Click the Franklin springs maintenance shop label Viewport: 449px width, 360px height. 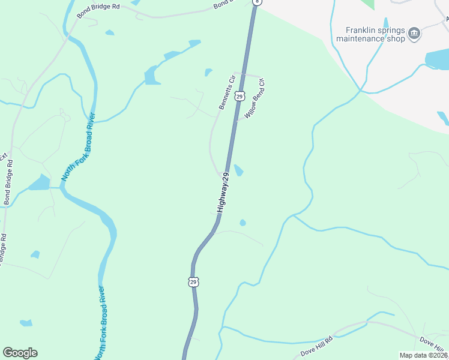(x=370, y=34)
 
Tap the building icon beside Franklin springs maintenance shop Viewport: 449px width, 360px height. (x=414, y=34)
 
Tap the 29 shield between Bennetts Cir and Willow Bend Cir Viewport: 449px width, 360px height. (x=240, y=96)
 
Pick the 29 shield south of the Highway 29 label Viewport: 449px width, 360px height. (x=193, y=281)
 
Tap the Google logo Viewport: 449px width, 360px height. (x=20, y=353)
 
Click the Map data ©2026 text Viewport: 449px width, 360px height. (x=423, y=355)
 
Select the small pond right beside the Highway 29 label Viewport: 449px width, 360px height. (x=238, y=170)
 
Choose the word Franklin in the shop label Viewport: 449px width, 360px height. (x=361, y=29)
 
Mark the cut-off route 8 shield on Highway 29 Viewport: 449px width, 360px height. (x=258, y=2)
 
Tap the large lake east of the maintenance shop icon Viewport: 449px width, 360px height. (x=436, y=59)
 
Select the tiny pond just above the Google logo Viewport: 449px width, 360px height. (x=26, y=323)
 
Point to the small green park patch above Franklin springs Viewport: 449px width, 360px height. (x=368, y=4)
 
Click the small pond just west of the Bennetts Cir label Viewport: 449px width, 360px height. (x=208, y=73)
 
